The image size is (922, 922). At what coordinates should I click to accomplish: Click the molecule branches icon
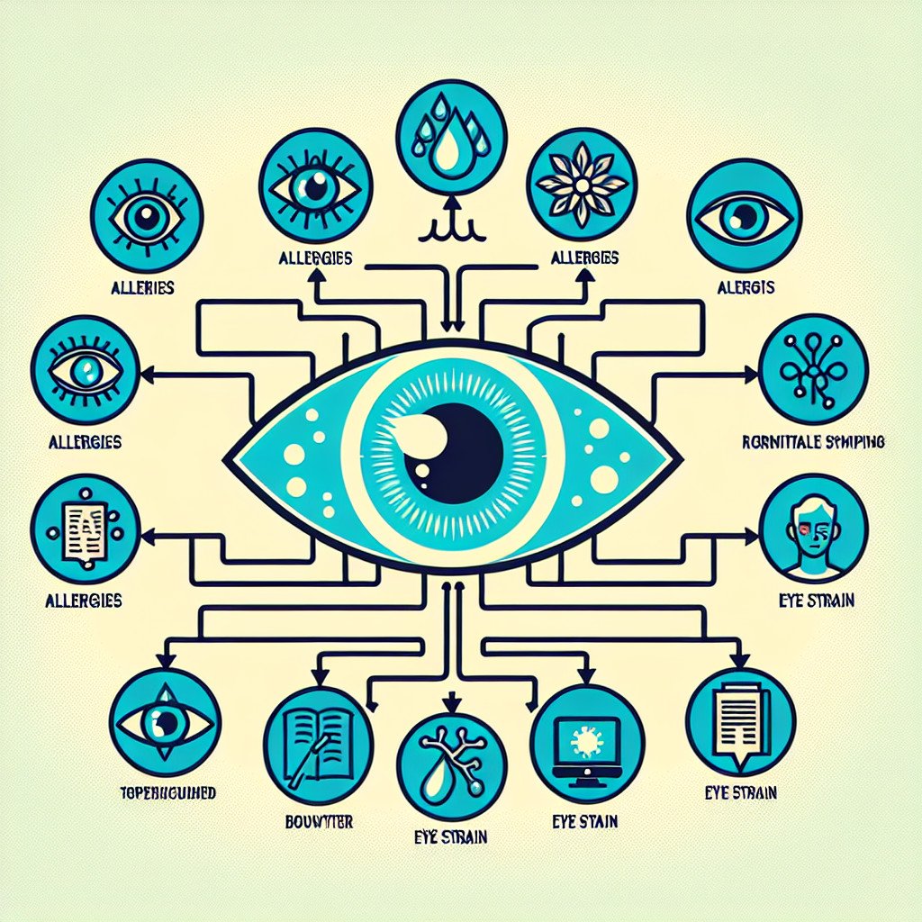pos(813,369)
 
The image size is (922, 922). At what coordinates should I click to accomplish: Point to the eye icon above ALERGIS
pos(740,216)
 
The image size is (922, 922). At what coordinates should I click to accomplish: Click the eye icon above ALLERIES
pos(149,215)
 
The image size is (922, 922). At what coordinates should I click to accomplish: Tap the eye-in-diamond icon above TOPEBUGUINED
pos(163,719)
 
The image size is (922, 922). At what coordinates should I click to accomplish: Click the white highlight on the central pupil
pos(424,433)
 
